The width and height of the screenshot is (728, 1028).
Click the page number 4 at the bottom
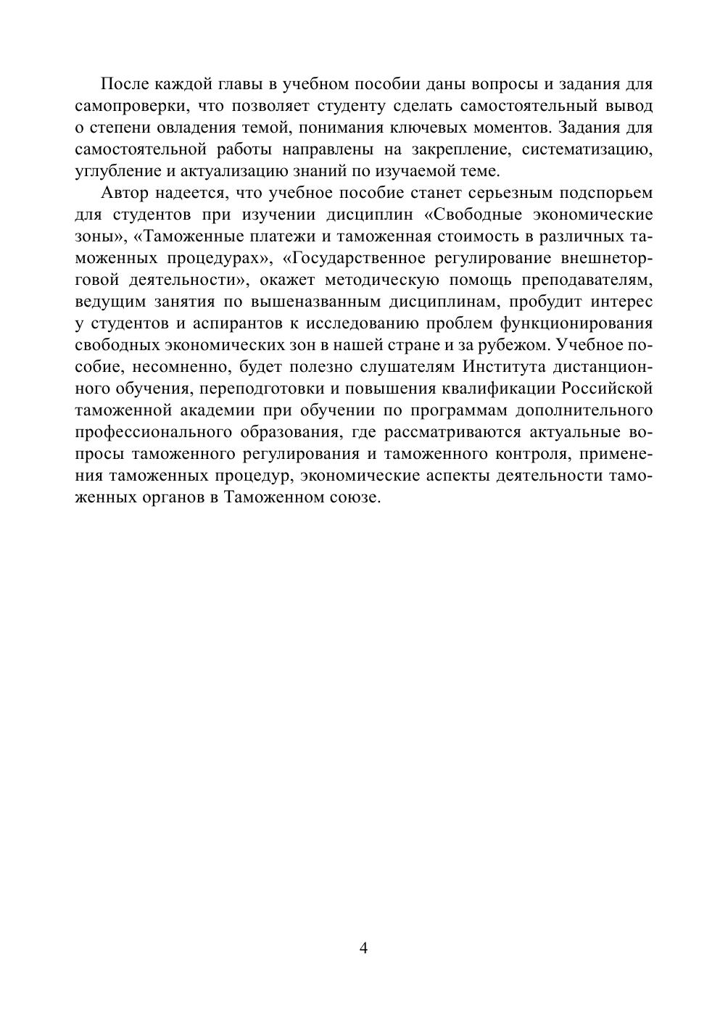click(x=363, y=948)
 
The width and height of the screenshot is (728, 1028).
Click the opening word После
click(x=125, y=85)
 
